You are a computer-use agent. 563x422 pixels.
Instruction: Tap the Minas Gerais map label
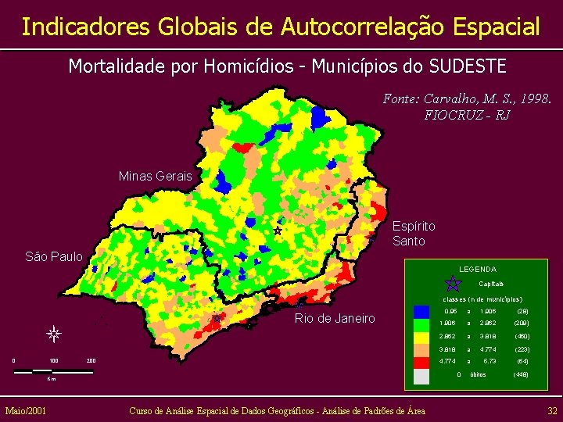(155, 176)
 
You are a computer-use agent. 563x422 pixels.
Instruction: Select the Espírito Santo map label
(414, 234)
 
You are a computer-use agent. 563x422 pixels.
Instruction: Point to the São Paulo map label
(54, 256)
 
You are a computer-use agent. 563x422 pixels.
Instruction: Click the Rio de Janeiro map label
(334, 318)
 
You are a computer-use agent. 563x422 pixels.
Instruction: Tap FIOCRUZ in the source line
(453, 115)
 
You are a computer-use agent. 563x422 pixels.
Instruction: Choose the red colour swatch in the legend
(421, 362)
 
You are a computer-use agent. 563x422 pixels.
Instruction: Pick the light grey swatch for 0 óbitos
(421, 375)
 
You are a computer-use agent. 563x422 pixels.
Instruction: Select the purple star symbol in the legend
(452, 283)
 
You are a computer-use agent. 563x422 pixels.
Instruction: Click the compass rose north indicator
(53, 334)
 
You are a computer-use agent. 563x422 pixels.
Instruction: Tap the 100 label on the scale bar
(53, 360)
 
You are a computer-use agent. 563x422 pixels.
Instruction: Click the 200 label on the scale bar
(91, 360)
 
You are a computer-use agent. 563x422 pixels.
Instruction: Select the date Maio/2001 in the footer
(25, 410)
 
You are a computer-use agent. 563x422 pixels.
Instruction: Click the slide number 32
(552, 410)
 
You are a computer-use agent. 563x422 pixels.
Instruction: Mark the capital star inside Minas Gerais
(278, 231)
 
